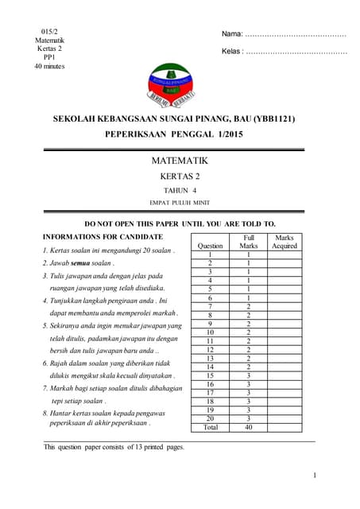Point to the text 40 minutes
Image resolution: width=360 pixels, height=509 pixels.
coord(48,66)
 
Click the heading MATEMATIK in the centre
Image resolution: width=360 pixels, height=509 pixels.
coord(179,161)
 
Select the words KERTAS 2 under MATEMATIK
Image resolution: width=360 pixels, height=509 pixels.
coord(180,177)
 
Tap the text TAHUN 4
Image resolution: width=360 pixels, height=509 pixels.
coord(179,191)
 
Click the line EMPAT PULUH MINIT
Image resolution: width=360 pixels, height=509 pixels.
coord(179,204)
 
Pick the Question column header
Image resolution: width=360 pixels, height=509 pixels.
coord(210,247)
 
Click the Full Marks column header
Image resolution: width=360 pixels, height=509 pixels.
coord(249,242)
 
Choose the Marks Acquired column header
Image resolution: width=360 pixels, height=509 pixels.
coord(285,242)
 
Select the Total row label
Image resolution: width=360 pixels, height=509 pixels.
coord(210,427)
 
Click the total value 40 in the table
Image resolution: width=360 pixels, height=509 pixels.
coord(249,427)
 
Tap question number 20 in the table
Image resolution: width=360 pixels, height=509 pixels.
coord(210,418)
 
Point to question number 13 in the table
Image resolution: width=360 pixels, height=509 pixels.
coord(210,358)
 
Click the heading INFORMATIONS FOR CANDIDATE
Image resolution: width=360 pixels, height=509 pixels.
coord(103,237)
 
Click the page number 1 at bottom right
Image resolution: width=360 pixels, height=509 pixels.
coord(315,476)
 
